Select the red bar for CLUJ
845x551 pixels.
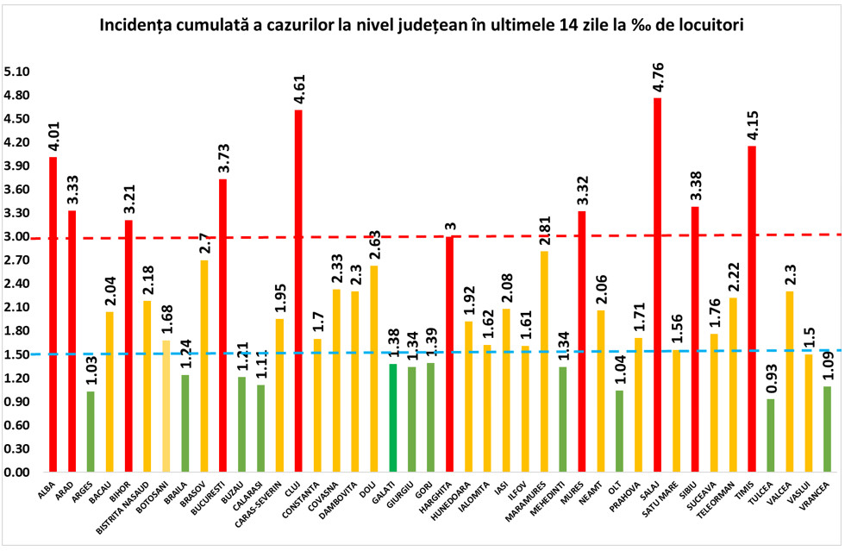(298, 291)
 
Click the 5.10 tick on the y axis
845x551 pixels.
(16, 72)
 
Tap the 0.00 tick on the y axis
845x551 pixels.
(16, 473)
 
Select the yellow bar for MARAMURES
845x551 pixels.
(544, 362)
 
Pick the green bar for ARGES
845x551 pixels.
(90, 432)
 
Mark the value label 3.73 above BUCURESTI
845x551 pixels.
(222, 156)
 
